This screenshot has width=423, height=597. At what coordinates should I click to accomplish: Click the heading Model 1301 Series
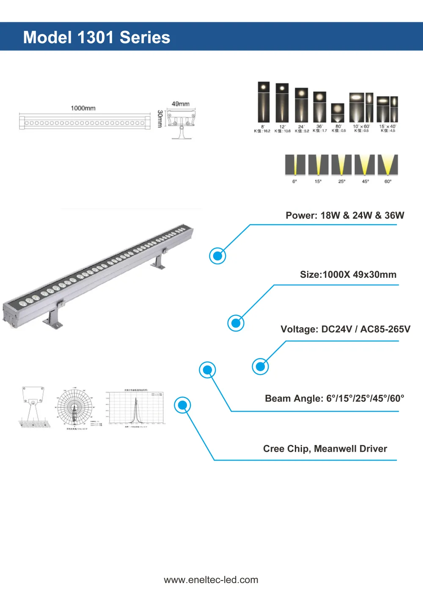click(96, 37)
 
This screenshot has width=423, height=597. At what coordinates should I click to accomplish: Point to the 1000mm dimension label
click(83, 108)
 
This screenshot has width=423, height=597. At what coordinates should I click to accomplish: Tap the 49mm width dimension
click(181, 104)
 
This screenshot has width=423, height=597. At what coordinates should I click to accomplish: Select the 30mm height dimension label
click(160, 119)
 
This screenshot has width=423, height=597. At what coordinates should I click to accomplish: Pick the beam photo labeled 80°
click(338, 113)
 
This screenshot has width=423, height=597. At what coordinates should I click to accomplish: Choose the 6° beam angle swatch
click(295, 165)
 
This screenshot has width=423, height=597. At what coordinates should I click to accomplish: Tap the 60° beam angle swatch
click(388, 165)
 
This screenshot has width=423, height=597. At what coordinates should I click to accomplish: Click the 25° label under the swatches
click(342, 182)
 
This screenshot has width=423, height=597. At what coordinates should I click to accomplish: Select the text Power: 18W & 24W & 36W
click(345, 215)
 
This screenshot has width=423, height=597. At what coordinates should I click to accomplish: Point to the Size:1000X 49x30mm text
click(348, 274)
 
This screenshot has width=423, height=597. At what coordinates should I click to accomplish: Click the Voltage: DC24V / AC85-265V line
click(345, 329)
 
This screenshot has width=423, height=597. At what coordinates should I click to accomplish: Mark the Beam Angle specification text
click(334, 398)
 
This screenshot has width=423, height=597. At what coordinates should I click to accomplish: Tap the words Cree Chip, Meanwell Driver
click(325, 448)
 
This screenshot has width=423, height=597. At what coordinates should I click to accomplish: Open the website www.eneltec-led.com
click(211, 580)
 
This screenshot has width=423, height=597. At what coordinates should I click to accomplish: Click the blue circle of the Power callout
click(218, 256)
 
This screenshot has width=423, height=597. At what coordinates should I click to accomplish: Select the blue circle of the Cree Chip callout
click(183, 405)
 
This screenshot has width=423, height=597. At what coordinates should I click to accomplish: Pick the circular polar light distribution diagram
click(75, 408)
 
